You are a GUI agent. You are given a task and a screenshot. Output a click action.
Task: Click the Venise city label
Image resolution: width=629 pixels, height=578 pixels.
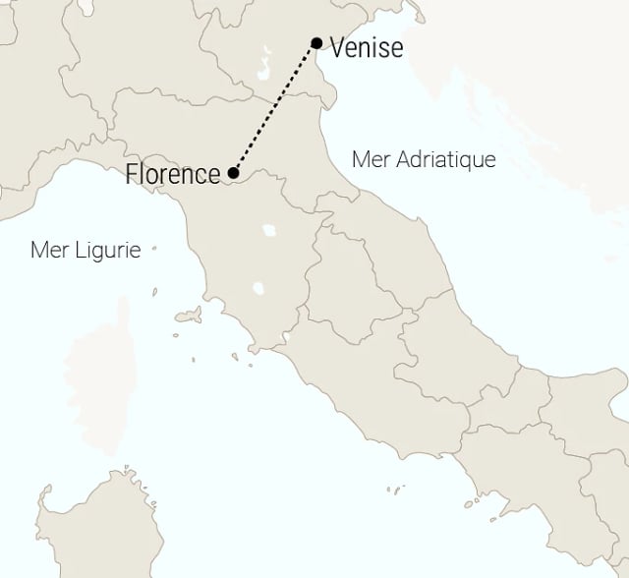367,47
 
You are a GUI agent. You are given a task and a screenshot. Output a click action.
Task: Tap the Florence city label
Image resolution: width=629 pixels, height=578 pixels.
173,175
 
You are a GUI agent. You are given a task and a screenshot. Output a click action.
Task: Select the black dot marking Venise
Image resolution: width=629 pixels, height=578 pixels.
316,42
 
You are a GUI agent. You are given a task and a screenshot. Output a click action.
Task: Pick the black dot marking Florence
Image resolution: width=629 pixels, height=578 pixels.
233,174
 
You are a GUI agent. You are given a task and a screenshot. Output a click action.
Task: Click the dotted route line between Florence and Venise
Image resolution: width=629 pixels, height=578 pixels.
275,108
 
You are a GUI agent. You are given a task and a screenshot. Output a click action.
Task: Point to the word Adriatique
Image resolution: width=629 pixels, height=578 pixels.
443,159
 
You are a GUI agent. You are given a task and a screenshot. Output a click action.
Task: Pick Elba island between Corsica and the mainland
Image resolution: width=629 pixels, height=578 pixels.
191,317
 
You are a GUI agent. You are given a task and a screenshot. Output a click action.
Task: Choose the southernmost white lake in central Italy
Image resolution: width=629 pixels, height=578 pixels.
258,289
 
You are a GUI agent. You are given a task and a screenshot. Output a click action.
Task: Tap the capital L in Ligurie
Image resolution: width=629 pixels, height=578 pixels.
78,250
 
